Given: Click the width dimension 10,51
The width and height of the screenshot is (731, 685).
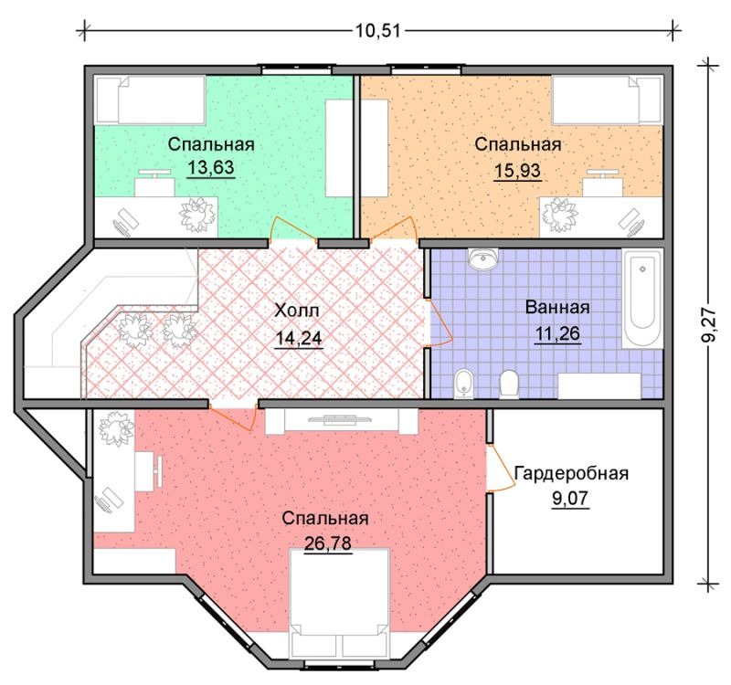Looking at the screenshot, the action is (x=378, y=31).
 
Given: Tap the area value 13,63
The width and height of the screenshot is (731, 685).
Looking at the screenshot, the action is (x=211, y=167).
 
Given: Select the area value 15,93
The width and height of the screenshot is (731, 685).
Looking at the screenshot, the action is (x=517, y=171).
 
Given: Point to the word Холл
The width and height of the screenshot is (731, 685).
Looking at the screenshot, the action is (x=296, y=311).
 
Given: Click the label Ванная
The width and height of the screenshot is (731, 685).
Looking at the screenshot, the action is (x=557, y=308).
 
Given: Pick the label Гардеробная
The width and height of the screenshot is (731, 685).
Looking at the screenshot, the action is (x=571, y=473).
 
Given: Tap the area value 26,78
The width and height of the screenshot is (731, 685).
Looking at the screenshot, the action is (x=328, y=543).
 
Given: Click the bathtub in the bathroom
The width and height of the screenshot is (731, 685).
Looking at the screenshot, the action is (x=642, y=299).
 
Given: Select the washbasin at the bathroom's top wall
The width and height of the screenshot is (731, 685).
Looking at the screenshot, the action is (x=483, y=258).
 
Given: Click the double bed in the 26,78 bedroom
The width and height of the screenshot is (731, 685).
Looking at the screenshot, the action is (x=339, y=604).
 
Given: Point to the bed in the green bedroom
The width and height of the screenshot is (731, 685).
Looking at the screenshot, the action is (x=150, y=100).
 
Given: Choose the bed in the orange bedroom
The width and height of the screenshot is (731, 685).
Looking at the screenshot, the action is (x=607, y=100).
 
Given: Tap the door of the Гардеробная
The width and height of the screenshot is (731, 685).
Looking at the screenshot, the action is (x=501, y=468).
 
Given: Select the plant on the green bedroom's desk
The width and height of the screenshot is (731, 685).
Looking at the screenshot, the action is (x=199, y=215).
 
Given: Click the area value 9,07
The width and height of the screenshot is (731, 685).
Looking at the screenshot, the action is (x=570, y=499).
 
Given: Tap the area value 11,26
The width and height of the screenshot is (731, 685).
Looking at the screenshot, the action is (x=557, y=333).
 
